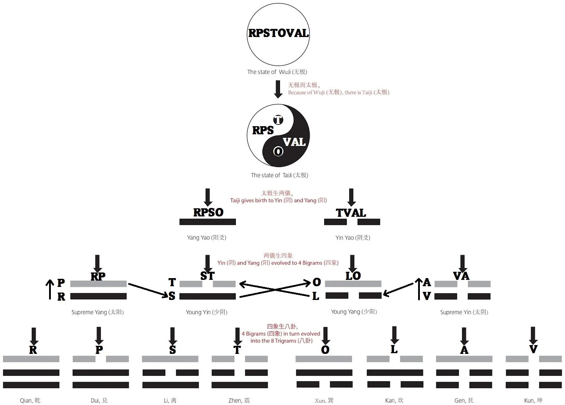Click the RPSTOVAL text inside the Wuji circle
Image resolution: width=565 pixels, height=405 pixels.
pos(278,33)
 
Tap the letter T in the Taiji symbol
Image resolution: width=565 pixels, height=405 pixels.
pos(278,120)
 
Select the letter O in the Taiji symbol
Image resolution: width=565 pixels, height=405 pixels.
pos(278,152)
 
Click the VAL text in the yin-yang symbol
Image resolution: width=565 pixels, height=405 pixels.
pos(294,142)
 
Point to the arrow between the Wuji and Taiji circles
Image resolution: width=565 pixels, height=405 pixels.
pos(278,89)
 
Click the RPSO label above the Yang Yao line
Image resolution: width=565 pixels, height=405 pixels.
pos(208,212)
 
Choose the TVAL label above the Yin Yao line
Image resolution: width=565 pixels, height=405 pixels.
pos(351,213)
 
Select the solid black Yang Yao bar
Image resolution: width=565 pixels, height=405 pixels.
pos(208,222)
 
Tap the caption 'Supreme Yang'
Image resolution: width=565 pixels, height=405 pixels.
pos(97,312)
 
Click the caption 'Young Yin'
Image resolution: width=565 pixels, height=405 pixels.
pos(207,312)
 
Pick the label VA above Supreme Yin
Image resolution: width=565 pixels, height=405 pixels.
pos(461,276)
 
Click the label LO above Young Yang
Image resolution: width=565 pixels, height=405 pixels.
pos(353,276)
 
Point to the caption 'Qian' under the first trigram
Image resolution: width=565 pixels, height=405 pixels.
pos(30,400)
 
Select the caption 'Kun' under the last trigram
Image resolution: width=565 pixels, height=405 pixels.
pos(533,400)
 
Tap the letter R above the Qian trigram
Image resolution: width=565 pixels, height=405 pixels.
pos(33,350)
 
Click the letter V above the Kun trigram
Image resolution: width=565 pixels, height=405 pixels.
pos(533,349)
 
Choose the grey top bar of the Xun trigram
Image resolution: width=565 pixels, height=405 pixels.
pos(323,359)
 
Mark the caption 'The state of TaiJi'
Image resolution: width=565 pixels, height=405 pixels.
pos(279,175)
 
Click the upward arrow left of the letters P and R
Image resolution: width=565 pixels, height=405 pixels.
pos(50,289)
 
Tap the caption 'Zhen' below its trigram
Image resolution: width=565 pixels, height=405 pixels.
pos(239,400)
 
